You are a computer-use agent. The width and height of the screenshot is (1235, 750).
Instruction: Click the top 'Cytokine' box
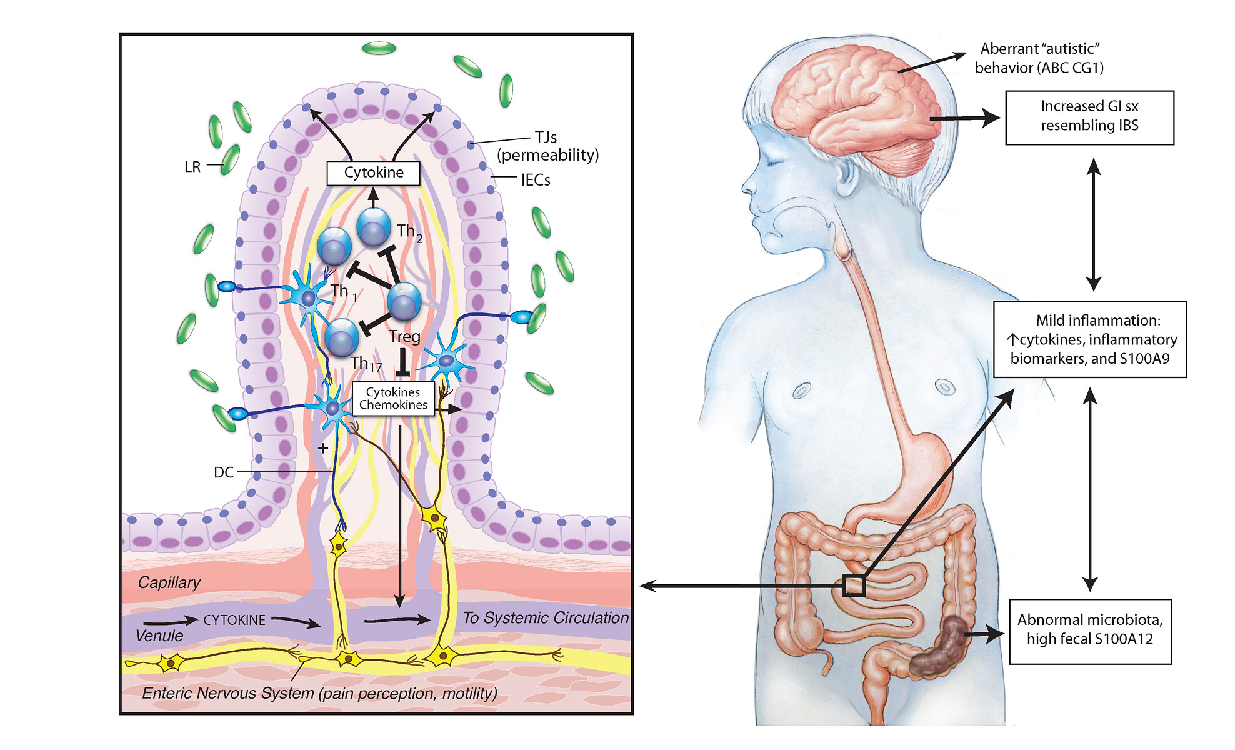(x=374, y=172)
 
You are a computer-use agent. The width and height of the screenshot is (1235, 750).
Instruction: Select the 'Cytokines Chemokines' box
(x=393, y=399)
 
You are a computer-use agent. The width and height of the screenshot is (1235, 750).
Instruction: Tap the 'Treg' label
(x=404, y=337)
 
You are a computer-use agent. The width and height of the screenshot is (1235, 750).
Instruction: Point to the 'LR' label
(x=192, y=167)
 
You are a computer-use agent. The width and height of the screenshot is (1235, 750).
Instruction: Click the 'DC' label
(x=224, y=472)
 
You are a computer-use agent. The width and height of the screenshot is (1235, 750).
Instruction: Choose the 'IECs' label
(x=536, y=180)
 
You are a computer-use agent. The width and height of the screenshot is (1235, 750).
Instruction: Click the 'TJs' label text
(x=546, y=137)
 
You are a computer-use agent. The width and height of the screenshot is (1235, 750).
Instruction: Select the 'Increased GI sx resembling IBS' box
(x=1089, y=117)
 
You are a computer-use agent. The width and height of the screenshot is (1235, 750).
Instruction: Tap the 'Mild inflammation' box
(x=1089, y=339)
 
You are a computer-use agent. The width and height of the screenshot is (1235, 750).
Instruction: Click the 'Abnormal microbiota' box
(x=1089, y=630)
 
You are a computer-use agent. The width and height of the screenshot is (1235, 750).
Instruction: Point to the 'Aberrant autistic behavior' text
(x=1039, y=58)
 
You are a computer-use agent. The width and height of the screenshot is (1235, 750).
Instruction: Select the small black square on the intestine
(x=853, y=586)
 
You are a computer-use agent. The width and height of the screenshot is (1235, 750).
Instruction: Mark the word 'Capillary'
(x=169, y=582)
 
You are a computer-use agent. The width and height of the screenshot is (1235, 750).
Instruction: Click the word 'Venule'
(x=159, y=636)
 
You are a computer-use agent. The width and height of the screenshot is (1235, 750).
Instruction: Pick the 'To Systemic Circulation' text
(x=546, y=618)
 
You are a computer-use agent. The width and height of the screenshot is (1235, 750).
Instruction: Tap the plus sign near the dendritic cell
(x=322, y=448)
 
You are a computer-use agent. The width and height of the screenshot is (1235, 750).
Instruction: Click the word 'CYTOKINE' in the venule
(x=234, y=620)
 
